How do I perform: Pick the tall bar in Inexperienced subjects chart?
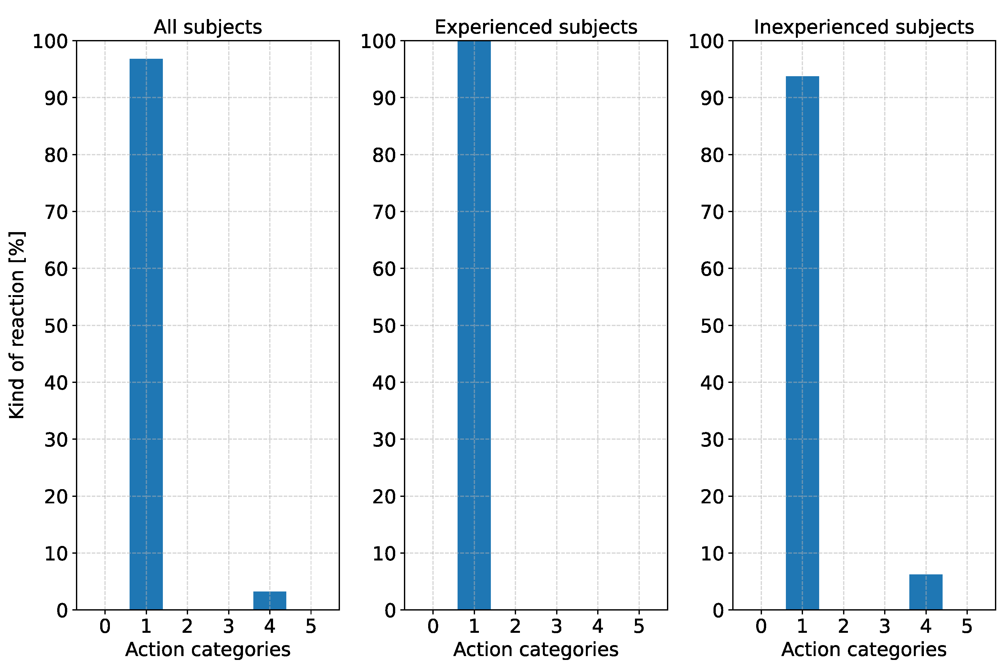(802, 343)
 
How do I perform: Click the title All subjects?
(208, 27)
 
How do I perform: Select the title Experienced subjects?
(535, 27)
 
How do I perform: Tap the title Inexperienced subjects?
(864, 27)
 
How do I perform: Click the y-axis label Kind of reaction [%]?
(17, 325)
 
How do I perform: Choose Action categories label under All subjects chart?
(208, 650)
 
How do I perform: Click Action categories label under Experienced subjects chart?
(535, 650)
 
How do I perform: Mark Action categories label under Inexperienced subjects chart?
(864, 650)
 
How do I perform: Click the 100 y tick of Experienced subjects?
(378, 41)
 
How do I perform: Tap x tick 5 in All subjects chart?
(311, 626)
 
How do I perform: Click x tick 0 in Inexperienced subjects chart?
(761, 626)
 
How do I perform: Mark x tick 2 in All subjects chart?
(187, 626)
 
